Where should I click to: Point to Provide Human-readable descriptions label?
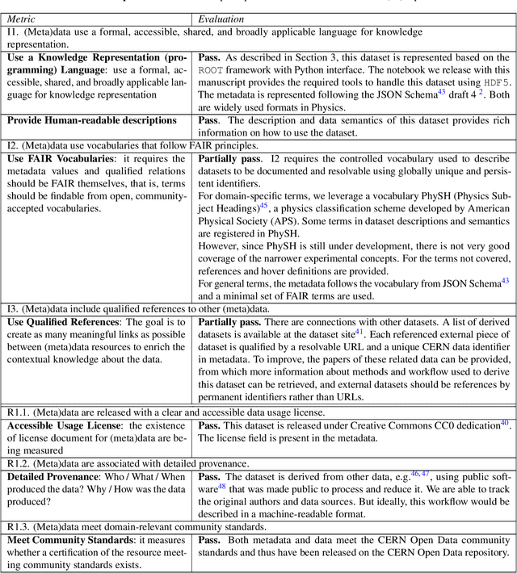click(x=92, y=120)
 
